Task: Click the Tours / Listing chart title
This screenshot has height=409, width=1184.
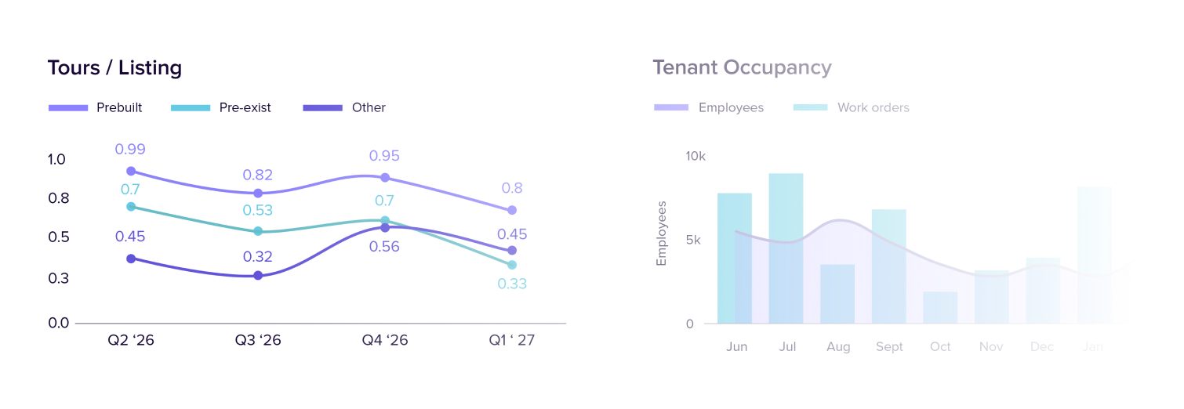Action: tap(114, 68)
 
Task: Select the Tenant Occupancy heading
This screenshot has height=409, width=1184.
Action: tap(742, 67)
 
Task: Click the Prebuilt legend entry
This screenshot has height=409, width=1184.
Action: tap(96, 107)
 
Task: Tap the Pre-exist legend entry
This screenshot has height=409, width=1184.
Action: tap(221, 107)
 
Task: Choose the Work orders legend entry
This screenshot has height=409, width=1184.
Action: tap(852, 107)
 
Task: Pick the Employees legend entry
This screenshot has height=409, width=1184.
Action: tap(709, 107)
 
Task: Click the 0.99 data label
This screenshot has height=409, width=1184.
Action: tap(130, 149)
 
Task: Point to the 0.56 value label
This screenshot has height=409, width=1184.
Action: tap(384, 247)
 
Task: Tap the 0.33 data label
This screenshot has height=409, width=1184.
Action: tap(512, 284)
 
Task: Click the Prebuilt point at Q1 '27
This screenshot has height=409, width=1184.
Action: tap(512, 210)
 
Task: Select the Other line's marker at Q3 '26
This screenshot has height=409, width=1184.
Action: tap(258, 276)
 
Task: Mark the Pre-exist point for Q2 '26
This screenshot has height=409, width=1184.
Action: tap(131, 207)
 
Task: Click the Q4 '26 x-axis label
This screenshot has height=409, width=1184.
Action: tap(384, 341)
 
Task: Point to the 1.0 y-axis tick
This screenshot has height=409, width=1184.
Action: tap(56, 160)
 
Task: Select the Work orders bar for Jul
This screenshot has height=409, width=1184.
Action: tap(786, 248)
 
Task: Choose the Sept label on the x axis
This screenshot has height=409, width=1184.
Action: tap(889, 347)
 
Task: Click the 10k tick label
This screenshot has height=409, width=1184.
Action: tap(696, 157)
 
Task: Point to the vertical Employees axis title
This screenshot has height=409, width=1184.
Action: tap(662, 233)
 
